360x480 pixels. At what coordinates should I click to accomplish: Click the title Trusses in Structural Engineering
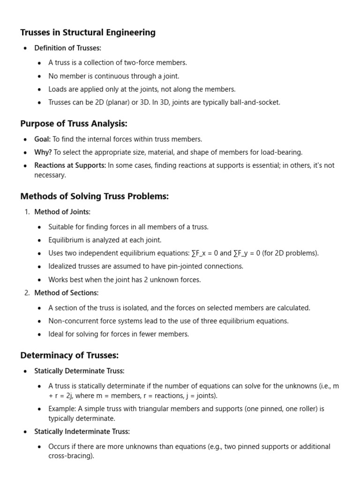coord(88,32)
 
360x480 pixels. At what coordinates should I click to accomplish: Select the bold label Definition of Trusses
coord(67,48)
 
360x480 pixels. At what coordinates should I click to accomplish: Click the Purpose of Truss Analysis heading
coord(74,124)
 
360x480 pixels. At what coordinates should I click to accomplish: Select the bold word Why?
coord(43,152)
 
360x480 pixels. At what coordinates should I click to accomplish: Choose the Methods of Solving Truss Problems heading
coord(94,196)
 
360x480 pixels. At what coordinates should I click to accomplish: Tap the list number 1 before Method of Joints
coord(27,212)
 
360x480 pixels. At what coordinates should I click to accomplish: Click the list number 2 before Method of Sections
coord(27,293)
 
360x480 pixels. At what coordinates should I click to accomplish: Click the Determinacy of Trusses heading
coord(69,355)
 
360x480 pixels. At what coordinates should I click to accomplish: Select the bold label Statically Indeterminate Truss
coord(82,431)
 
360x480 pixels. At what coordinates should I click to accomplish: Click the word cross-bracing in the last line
coord(70,456)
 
